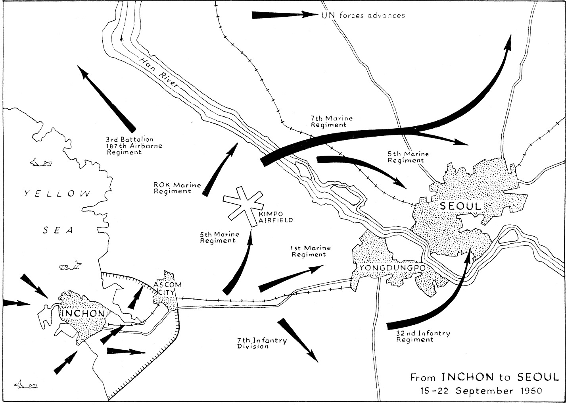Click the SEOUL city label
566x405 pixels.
click(x=460, y=206)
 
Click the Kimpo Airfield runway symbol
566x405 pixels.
click(x=243, y=206)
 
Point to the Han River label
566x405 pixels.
click(x=159, y=72)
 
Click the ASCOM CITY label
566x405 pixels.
click(x=167, y=288)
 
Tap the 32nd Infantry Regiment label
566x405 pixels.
click(x=423, y=336)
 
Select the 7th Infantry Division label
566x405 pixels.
click(x=262, y=343)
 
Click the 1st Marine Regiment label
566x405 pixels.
click(x=311, y=251)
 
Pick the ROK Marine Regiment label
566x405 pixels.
click(x=177, y=188)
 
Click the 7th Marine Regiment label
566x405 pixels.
click(x=332, y=121)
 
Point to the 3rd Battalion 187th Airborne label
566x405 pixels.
click(x=134, y=146)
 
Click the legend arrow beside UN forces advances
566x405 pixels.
click(x=285, y=15)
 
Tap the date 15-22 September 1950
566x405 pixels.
click(x=482, y=391)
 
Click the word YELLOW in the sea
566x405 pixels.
click(x=58, y=193)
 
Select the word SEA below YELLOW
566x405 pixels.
click(x=58, y=230)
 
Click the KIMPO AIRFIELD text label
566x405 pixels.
click(x=275, y=217)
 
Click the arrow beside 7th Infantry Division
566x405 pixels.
click(x=297, y=340)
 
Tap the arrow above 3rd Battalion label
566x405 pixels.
click(x=106, y=99)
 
